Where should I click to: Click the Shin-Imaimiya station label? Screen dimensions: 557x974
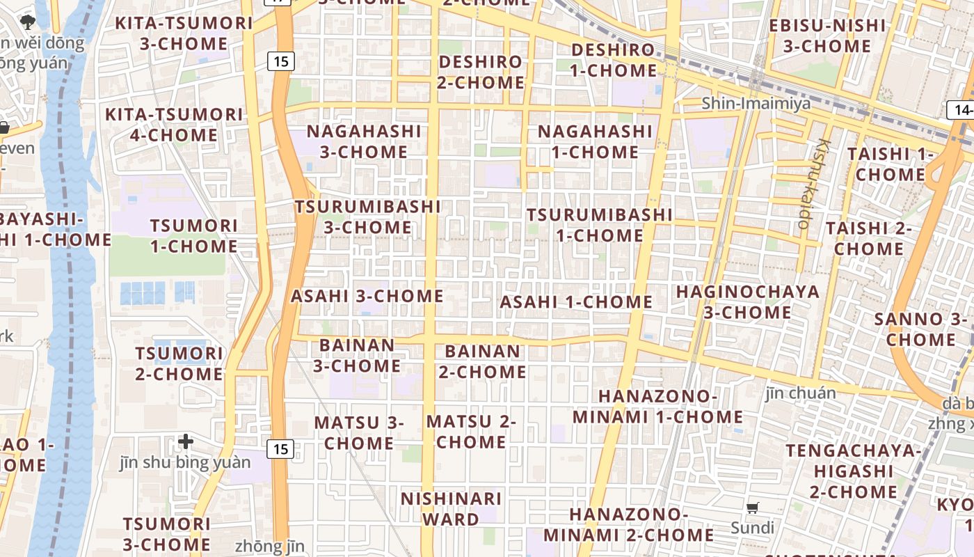[x=756, y=104]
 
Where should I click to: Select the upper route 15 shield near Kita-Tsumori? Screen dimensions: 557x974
[x=280, y=61]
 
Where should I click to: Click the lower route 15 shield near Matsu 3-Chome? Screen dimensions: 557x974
[x=280, y=449]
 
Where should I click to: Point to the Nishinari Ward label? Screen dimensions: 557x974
[x=451, y=509]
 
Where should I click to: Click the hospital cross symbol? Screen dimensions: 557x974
[x=186, y=441]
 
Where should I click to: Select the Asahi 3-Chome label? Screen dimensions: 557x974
[x=367, y=296]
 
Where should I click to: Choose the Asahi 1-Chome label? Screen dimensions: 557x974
[x=576, y=302]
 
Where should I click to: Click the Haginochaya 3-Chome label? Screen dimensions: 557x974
[x=748, y=302]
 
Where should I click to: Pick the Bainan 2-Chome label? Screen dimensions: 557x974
[x=482, y=361]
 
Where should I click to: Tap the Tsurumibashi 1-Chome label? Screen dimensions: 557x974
[x=599, y=225]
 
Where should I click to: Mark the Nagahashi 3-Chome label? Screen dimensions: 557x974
[x=364, y=141]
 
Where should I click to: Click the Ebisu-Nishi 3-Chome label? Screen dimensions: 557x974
[x=827, y=36]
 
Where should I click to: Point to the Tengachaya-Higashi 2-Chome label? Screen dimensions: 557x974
[x=853, y=471]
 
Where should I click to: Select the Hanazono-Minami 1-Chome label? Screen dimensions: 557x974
[x=657, y=407]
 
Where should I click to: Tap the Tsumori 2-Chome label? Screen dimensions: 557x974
[x=179, y=363]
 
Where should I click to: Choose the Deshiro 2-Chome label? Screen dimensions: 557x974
[x=481, y=72]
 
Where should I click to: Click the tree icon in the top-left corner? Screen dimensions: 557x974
[x=28, y=22]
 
